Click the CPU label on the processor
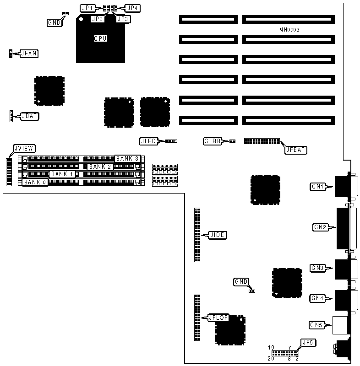[x=100, y=39]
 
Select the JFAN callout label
[x=28, y=54]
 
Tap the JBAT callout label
[x=29, y=116]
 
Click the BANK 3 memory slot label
[x=127, y=158]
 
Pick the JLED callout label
[x=148, y=141]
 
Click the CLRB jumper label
[x=212, y=141]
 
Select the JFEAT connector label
[x=295, y=149]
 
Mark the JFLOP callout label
[x=218, y=318]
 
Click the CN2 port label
[x=320, y=227]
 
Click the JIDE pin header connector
[x=197, y=235]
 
